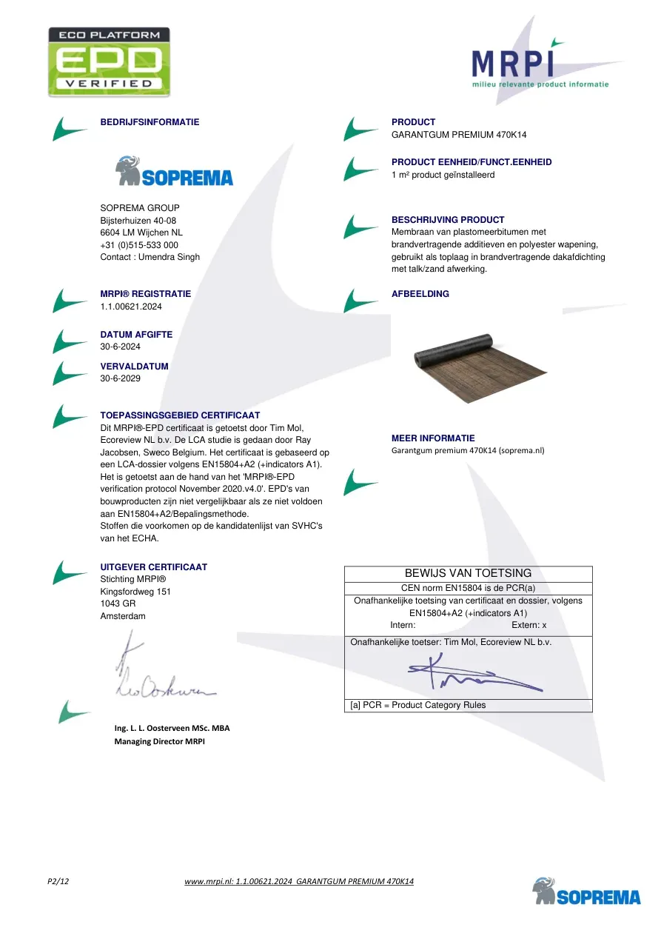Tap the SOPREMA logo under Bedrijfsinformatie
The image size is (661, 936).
[174, 170]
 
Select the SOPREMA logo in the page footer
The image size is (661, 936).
[586, 892]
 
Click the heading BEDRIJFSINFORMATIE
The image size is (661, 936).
[150, 122]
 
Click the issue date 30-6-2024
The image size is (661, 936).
[121, 347]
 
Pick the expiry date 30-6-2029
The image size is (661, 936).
[121, 378]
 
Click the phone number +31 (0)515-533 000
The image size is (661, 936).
[139, 245]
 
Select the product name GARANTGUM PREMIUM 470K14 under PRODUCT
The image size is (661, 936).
[459, 135]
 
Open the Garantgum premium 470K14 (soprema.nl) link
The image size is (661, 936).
[468, 450]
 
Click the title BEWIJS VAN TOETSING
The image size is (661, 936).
[468, 573]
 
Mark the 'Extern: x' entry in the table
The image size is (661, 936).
[529, 625]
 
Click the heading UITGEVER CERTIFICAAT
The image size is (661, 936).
[153, 567]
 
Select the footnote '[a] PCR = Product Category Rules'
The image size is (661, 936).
[418, 705]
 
